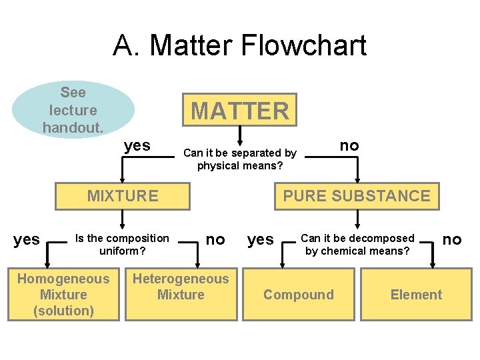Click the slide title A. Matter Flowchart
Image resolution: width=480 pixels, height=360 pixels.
[x=240, y=46]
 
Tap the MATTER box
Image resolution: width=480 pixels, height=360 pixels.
[x=240, y=110]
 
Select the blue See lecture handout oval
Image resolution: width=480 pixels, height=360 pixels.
[x=73, y=109]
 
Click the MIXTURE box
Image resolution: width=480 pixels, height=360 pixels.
[x=123, y=196]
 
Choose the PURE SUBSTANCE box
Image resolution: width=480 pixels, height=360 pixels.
[x=357, y=196]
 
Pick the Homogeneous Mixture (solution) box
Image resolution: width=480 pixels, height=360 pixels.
[x=64, y=295]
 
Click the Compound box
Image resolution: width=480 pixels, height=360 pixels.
[x=298, y=295]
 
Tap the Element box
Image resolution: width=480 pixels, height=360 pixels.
[x=416, y=295]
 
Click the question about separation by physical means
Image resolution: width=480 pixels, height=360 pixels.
[x=240, y=159]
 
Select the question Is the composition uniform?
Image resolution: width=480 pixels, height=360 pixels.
[x=123, y=245]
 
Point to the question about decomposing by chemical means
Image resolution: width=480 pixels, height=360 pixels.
[x=357, y=245]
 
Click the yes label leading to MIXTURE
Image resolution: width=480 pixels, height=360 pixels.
[x=137, y=145]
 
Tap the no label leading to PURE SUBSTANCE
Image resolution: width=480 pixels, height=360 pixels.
[x=349, y=145]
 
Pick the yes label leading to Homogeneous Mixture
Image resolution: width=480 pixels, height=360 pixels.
[x=27, y=239]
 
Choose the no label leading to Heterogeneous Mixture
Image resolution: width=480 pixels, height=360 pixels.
[x=215, y=239]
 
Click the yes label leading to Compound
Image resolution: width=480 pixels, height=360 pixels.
[x=261, y=239]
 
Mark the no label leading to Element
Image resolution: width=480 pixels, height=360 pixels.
[x=451, y=239]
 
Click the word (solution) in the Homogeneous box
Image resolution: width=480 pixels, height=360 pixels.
[x=64, y=311]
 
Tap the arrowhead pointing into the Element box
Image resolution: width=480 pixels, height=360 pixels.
[x=433, y=264]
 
